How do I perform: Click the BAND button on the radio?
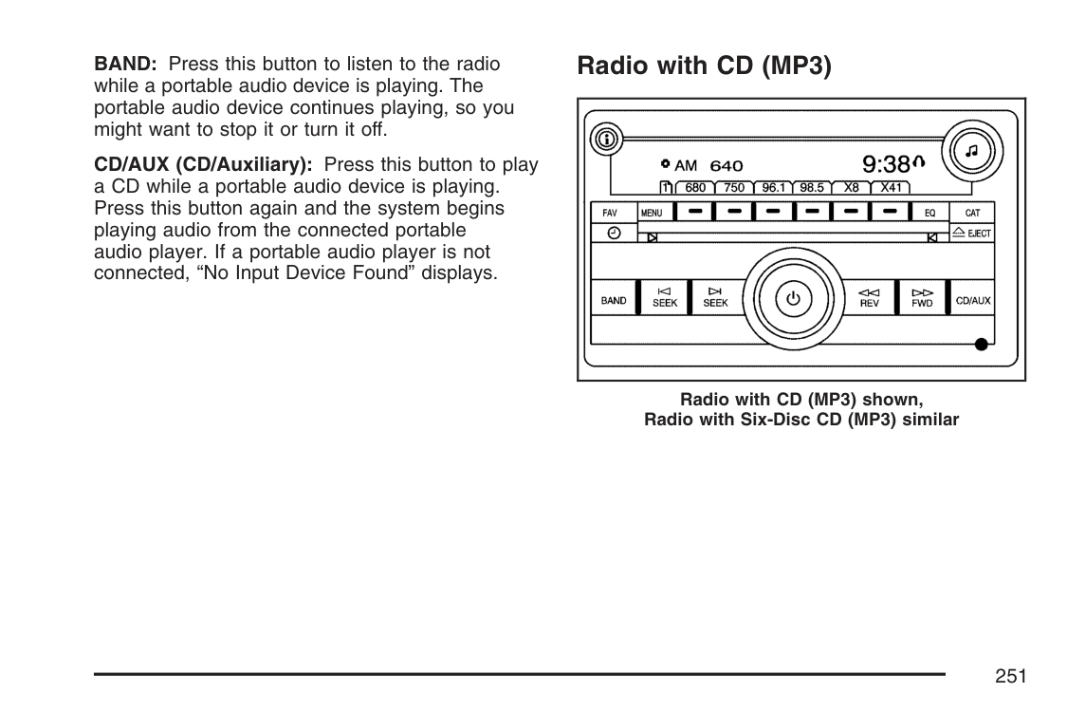pyautogui.click(x=614, y=300)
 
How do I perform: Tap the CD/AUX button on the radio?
pyautogui.click(x=972, y=300)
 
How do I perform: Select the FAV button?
pyautogui.click(x=610, y=213)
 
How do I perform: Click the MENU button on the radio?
pyautogui.click(x=652, y=213)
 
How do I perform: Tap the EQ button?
pyautogui.click(x=929, y=213)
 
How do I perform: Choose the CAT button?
pyautogui.click(x=972, y=213)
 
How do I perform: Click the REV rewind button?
pyautogui.click(x=869, y=298)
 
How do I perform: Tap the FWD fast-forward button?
pyautogui.click(x=922, y=298)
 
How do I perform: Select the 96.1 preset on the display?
pyautogui.click(x=772, y=188)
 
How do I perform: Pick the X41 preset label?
pyautogui.click(x=891, y=188)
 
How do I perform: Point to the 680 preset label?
pyautogui.click(x=695, y=188)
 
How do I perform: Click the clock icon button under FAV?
pyautogui.click(x=614, y=233)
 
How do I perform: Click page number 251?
pyautogui.click(x=1011, y=676)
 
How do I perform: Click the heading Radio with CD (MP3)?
pyautogui.click(x=704, y=66)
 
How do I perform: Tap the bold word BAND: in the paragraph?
pyautogui.click(x=125, y=65)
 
